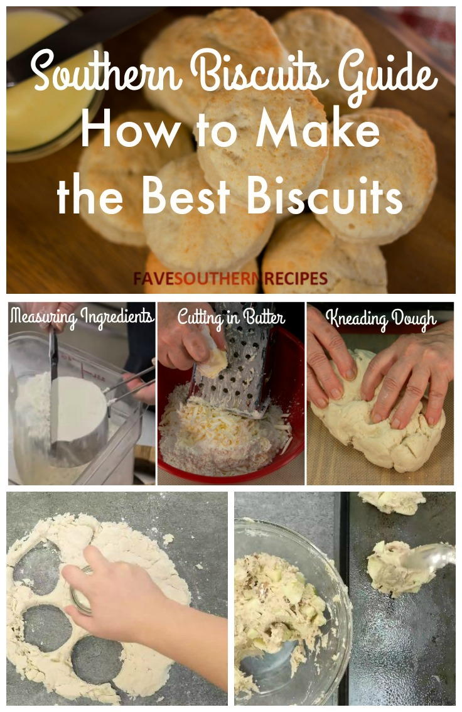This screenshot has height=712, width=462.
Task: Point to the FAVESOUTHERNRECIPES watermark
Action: (230, 278)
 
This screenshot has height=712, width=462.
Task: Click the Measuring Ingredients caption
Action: (82, 316)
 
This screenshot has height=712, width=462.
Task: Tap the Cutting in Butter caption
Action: (230, 316)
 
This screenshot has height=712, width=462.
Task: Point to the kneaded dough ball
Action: (377, 421)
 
